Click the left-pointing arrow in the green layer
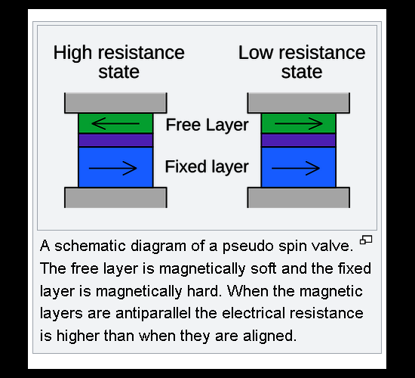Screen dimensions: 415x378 coord(115,124)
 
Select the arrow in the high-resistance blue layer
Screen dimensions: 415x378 coord(112,168)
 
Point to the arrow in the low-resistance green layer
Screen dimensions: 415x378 coord(299,124)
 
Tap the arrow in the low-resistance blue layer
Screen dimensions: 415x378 coord(296,168)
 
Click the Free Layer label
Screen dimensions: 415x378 coord(207,125)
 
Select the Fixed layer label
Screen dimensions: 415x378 coord(207,167)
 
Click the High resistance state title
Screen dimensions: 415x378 coord(118,62)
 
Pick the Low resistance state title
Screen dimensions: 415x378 coord(302,62)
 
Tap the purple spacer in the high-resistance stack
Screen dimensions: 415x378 coord(115,140)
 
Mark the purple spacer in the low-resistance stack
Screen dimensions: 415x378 coord(299,140)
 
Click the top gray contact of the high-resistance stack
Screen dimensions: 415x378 coord(115,103)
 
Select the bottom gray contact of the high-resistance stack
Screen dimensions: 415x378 coord(115,197)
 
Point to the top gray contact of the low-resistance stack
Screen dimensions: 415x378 coord(299,103)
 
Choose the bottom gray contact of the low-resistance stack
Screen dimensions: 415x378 coord(299,197)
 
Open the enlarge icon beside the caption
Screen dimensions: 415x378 coord(366,240)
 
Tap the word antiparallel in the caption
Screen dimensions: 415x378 coord(153,313)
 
